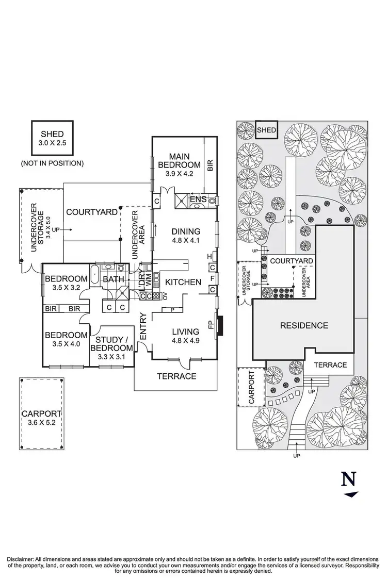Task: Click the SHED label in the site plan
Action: (267, 130)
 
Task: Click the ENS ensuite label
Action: (199, 199)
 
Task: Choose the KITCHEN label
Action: (183, 282)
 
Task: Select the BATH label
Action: (113, 280)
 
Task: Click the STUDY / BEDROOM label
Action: (112, 344)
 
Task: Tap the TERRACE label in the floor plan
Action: (176, 376)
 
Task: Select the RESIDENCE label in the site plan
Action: (304, 325)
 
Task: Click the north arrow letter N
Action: (349, 479)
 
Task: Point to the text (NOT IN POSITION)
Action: (52, 163)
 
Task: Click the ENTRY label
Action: (143, 326)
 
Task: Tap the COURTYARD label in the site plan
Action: (291, 261)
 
